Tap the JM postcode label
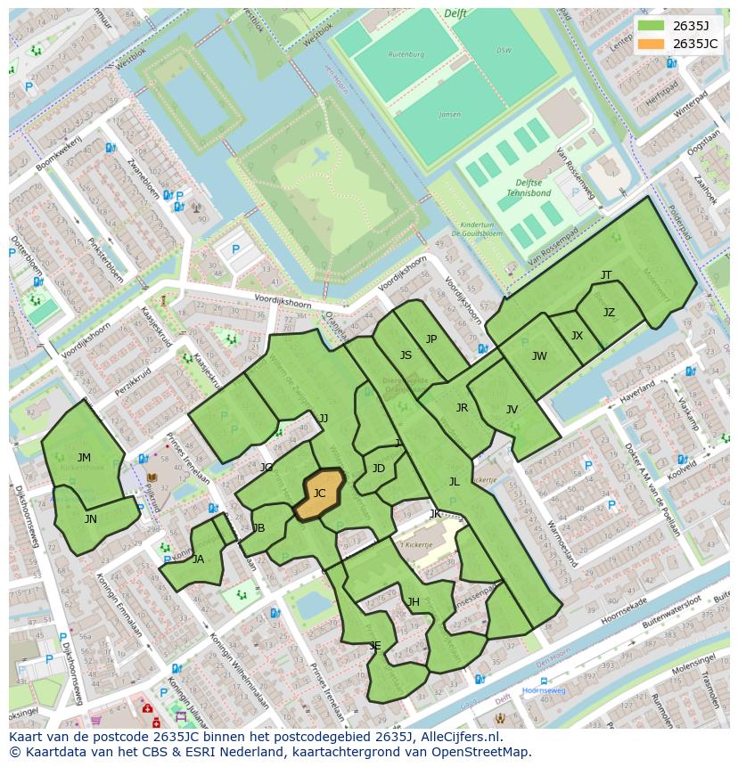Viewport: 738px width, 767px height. (x=84, y=457)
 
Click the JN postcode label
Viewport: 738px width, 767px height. (x=90, y=518)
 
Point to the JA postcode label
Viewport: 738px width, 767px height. (x=198, y=559)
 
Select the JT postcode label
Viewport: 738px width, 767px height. (x=606, y=275)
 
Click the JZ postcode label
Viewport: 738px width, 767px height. (x=609, y=313)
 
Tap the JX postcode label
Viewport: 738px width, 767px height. (x=577, y=336)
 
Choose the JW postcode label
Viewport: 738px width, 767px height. (x=539, y=356)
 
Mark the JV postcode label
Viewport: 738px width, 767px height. (x=512, y=410)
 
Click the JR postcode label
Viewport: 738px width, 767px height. (x=462, y=408)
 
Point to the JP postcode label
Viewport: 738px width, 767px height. (x=431, y=339)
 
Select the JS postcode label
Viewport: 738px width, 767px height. (x=406, y=355)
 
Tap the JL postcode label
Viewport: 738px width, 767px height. (x=454, y=481)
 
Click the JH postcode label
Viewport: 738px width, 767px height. (x=414, y=602)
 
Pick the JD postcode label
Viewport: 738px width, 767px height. (x=379, y=469)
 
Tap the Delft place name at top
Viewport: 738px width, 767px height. (x=455, y=13)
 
